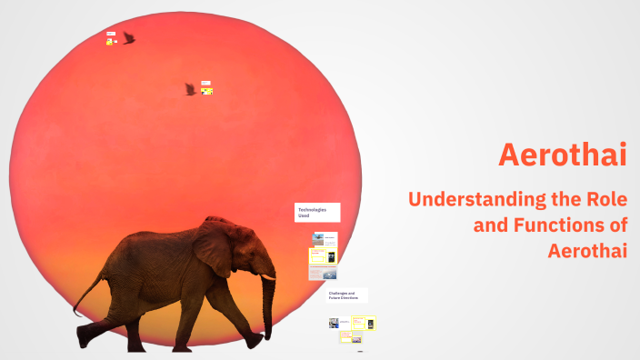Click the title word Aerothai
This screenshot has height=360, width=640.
(563, 155)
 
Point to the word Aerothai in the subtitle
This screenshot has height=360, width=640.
(587, 250)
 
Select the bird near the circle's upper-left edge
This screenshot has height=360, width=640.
(129, 38)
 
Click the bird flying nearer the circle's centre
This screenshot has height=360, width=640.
(190, 89)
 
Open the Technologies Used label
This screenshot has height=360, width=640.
(317, 213)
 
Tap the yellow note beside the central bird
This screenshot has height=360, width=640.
(206, 91)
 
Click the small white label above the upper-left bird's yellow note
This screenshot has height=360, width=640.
(110, 34)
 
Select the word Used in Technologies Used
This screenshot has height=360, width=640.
(304, 216)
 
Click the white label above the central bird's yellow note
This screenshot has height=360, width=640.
(205, 83)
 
